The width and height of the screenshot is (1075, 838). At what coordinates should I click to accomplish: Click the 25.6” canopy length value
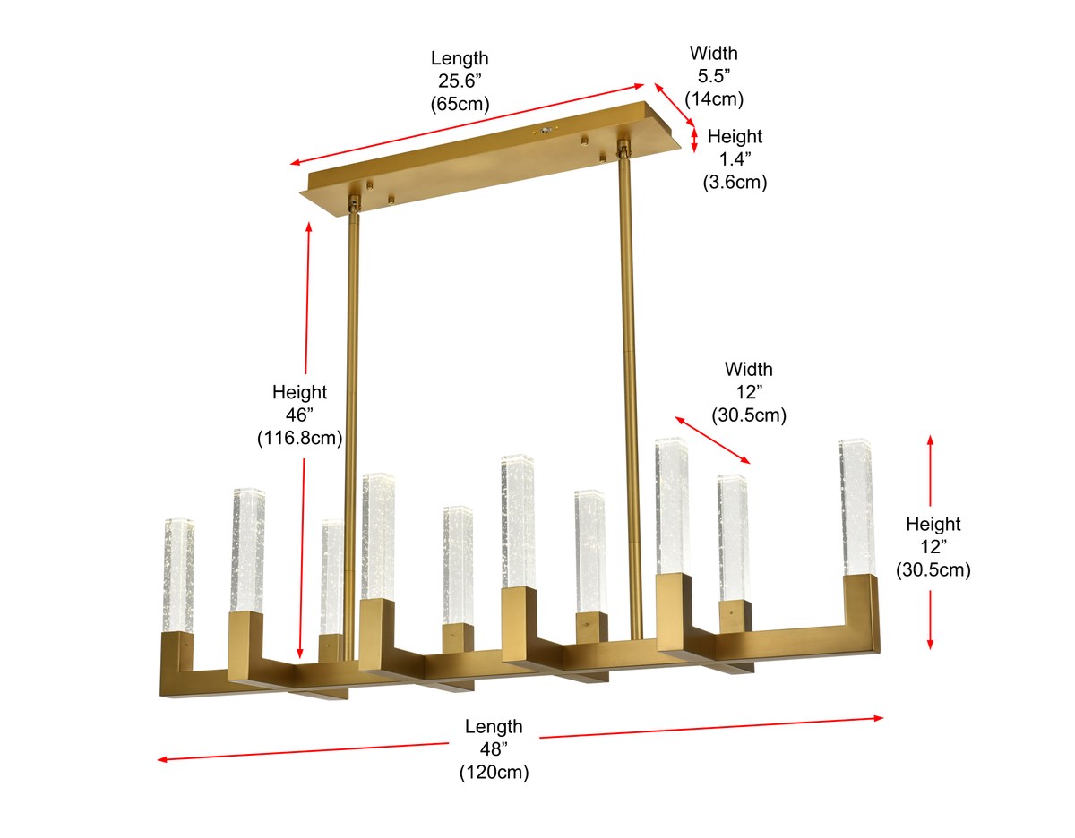pos(460,81)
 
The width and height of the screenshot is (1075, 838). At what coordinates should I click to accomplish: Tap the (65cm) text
pos(460,104)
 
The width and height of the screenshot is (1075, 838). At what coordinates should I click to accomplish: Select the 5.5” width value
pos(714,75)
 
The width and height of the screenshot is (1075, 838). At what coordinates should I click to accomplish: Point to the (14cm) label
pos(714,98)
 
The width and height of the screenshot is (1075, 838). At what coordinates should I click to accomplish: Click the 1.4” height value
pos(735,159)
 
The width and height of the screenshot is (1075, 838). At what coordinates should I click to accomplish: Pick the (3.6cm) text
pos(735,183)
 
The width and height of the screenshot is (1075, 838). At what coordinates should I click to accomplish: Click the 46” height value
pos(299,415)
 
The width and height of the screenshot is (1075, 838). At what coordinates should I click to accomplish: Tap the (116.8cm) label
pos(299,438)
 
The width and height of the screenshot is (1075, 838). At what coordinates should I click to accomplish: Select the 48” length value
pos(494,749)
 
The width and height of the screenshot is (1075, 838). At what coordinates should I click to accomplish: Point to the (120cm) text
pos(494,773)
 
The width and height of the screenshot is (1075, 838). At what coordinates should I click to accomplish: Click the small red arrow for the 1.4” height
pos(694,140)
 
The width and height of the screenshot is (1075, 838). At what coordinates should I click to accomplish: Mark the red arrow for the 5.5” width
pos(674,104)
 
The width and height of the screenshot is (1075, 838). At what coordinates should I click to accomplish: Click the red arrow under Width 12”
pos(712,440)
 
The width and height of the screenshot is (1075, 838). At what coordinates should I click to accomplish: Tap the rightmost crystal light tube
pos(856,506)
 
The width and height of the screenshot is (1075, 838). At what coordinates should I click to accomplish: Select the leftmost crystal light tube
pos(177,575)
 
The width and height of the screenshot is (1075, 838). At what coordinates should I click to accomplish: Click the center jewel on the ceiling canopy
pos(546,130)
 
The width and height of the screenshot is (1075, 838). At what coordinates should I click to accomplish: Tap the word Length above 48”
pos(494,726)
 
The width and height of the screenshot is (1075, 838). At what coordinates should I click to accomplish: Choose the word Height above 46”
pos(299,392)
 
